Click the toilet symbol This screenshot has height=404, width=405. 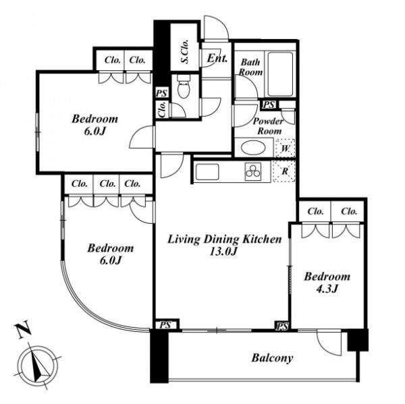[x=184, y=86]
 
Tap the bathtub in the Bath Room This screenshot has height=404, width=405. [x=280, y=74]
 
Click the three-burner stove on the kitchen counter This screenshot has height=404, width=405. [x=253, y=171]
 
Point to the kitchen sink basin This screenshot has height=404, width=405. [x=207, y=172]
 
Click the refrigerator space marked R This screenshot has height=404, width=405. [x=284, y=171]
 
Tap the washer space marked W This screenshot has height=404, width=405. [x=285, y=148]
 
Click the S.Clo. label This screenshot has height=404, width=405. [x=184, y=52]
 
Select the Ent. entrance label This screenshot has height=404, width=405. [x=217, y=59]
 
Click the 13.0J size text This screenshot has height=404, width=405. [x=223, y=252]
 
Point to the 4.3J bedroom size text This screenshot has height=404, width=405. [x=327, y=289]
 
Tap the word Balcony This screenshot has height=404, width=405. [x=272, y=358]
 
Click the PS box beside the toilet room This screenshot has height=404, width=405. [x=162, y=93]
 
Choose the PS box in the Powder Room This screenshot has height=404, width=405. [x=269, y=105]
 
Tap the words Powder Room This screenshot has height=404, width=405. [x=269, y=126]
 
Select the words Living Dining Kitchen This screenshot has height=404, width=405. [x=225, y=239]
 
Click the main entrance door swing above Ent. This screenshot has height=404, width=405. [x=217, y=28]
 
